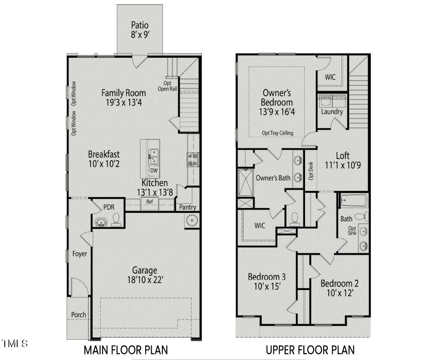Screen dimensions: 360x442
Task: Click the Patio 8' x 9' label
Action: tap(140, 30)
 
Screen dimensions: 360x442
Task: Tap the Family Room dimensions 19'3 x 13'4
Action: tap(123, 103)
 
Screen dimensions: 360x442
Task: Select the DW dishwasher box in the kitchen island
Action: tap(154, 171)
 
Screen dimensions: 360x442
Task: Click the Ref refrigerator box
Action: tap(149, 202)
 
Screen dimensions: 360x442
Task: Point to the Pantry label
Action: tap(188, 207)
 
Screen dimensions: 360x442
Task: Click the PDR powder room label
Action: tap(108, 207)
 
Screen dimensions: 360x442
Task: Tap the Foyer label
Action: tap(79, 254)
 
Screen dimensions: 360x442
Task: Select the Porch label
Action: tap(78, 315)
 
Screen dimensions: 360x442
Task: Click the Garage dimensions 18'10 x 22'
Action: tap(144, 280)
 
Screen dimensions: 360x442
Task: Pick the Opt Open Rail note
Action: tap(167, 86)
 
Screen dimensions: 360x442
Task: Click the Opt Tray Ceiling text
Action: tap(277, 133)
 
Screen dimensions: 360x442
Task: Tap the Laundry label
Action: tap(332, 112)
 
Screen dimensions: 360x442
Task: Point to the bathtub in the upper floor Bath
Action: tap(353, 201)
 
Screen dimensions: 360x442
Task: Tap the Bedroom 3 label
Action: tap(266, 277)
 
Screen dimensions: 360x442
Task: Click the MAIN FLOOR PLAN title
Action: tap(126, 350)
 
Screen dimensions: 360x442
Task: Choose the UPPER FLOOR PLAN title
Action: tap(310, 350)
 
